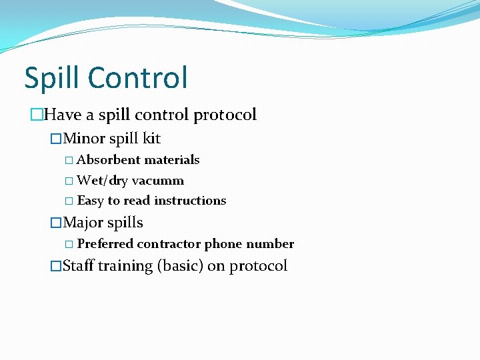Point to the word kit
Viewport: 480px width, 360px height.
point(151,139)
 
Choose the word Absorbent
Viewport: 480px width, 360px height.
point(109,160)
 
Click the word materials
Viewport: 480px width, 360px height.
point(172,160)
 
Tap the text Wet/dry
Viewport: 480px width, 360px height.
point(103,181)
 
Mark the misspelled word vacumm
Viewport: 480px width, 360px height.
point(158,181)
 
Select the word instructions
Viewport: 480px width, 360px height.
point(190,201)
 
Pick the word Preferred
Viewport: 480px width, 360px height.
point(105,244)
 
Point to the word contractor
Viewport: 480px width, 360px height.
point(169,244)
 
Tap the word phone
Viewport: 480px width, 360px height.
point(224,244)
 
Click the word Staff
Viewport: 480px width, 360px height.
point(78,266)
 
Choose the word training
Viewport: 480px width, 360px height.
point(125,266)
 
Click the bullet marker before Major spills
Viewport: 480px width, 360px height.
point(56,223)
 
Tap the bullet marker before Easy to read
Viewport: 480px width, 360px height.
point(70,201)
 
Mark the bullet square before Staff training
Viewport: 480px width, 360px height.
point(56,266)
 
